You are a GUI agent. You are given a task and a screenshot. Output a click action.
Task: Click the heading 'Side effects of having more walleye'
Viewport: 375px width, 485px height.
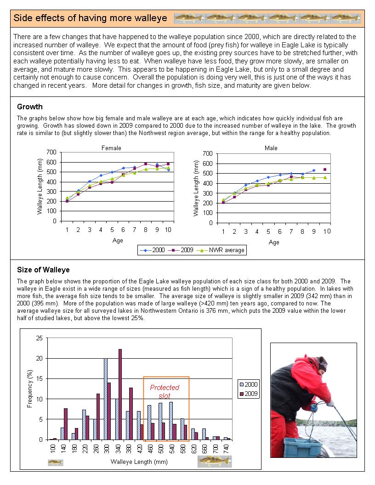tap(90, 18)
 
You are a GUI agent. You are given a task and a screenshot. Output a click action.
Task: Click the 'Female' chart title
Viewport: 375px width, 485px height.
tap(111, 148)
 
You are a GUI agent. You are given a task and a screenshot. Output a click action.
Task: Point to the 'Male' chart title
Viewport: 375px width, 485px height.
tap(271, 148)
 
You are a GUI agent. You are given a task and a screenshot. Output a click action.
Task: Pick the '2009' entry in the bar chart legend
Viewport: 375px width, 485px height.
tap(251, 394)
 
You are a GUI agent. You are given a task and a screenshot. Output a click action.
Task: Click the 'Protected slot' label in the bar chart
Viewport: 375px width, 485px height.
tap(165, 391)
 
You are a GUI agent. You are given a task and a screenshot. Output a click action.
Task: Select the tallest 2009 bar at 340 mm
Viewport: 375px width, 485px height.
tap(120, 394)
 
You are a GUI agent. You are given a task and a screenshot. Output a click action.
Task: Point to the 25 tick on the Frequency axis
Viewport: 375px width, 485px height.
tap(39, 338)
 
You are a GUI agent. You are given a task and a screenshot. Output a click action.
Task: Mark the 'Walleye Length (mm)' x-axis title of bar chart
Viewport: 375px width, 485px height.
tap(136, 462)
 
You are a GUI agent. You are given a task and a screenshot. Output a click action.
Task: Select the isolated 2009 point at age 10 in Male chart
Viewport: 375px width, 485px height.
tap(325, 169)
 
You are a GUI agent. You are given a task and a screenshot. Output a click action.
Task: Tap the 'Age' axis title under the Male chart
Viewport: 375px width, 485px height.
tap(274, 242)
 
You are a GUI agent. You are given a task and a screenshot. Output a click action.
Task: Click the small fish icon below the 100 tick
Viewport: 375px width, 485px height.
tap(56, 462)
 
